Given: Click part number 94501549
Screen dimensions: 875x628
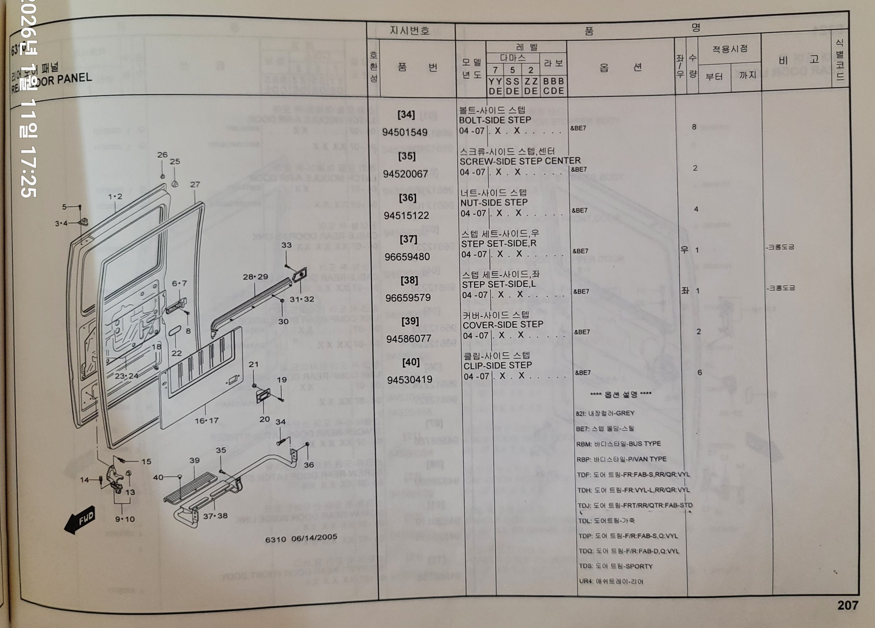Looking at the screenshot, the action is click(x=405, y=132).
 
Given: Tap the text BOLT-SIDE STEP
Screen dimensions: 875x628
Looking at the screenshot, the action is click(x=495, y=120).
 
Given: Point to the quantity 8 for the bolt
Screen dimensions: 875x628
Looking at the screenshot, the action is click(x=694, y=127).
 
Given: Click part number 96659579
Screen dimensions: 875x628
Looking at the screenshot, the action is click(x=408, y=298).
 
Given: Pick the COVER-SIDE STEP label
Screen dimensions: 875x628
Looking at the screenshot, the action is click(x=503, y=325).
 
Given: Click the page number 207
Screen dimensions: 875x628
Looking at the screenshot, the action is click(x=847, y=605).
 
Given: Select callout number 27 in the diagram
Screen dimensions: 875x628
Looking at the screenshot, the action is click(x=195, y=184).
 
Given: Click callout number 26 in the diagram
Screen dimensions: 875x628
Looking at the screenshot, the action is click(x=162, y=155).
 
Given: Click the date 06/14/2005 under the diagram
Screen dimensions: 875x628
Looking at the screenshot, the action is click(x=314, y=537).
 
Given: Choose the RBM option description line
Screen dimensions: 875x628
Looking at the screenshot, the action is click(x=618, y=444).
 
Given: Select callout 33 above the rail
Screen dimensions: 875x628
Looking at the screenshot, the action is click(x=286, y=245).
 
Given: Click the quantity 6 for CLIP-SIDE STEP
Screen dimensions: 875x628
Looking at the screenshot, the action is click(x=699, y=373).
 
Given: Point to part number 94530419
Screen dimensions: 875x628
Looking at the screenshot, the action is click(x=409, y=380).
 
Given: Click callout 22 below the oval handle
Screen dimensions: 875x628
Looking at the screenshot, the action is click(x=177, y=353).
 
